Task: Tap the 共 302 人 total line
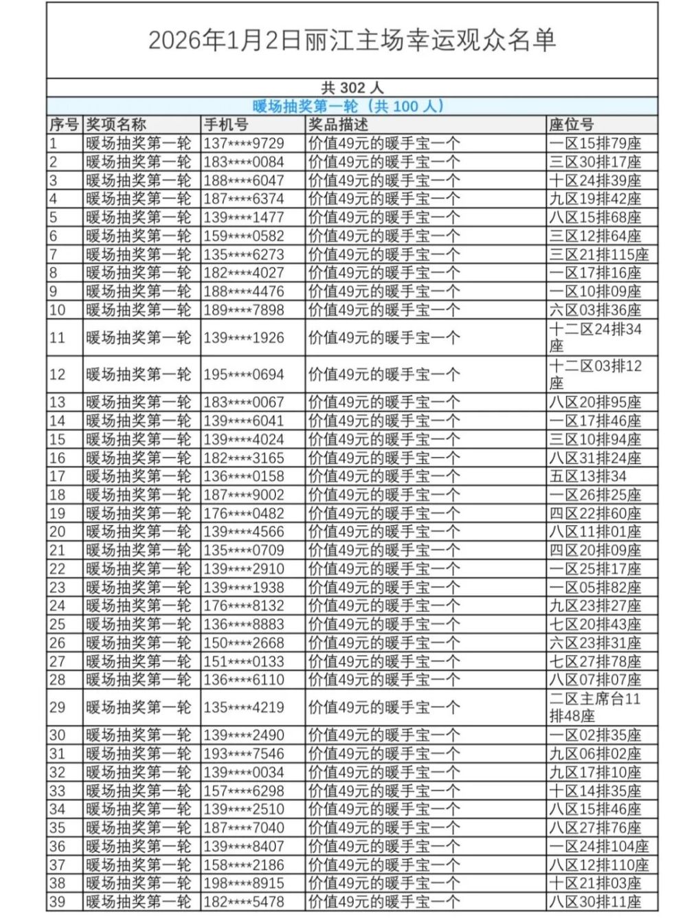point(352,88)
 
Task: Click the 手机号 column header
point(226,124)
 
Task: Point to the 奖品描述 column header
point(338,124)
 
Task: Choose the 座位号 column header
point(571,124)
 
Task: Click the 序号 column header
point(64,124)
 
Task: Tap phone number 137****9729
point(243,144)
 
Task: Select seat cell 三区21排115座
point(598,254)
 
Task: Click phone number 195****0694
point(243,375)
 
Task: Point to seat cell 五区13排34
point(587,476)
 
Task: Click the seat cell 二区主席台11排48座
point(595,707)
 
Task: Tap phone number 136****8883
point(243,624)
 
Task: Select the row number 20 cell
point(58,531)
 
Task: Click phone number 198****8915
point(243,883)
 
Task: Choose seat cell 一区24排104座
point(598,846)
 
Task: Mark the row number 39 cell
point(58,902)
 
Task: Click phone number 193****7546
point(243,754)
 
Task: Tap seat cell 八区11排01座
point(595,531)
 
